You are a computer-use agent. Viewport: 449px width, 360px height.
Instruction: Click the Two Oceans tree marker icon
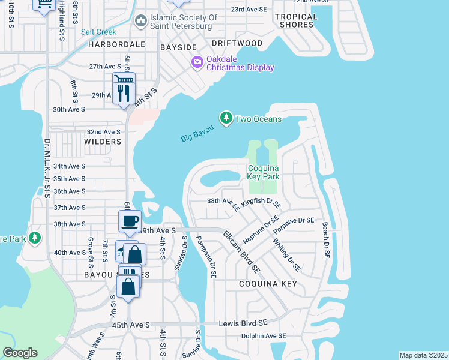click(226, 118)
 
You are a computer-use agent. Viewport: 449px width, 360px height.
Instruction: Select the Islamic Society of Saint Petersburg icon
click(140, 22)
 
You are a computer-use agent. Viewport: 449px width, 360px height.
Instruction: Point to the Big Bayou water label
click(197, 134)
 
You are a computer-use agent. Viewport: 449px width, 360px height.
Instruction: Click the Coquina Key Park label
click(264, 173)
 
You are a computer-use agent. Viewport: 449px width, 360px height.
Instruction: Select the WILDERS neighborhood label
click(103, 142)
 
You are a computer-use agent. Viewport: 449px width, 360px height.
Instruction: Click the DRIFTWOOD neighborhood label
click(237, 44)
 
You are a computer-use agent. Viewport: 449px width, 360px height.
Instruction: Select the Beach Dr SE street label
click(326, 240)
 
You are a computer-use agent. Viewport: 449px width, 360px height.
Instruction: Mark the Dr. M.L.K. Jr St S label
click(46, 168)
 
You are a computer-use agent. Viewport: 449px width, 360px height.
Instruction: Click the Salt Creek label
click(98, 32)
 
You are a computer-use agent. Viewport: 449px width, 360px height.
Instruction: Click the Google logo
click(20, 353)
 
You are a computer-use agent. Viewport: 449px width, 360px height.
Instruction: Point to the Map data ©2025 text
click(423, 355)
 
